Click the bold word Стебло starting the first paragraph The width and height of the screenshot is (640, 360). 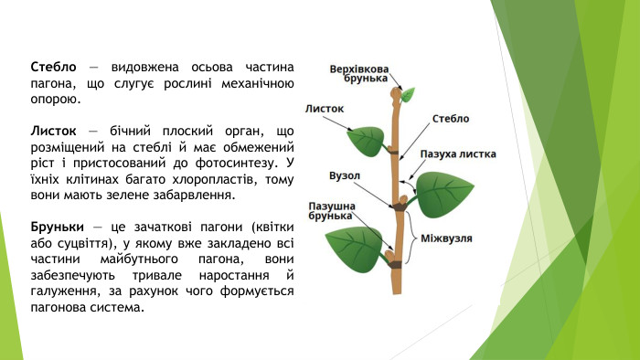53,68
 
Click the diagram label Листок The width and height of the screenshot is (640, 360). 325,108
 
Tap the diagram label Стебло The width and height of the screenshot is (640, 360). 450,119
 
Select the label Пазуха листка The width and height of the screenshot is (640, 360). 457,154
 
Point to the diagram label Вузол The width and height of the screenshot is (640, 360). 344,175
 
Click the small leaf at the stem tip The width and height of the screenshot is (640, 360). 408,93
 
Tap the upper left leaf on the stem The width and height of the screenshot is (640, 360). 367,142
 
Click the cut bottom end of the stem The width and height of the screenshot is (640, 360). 395,291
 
